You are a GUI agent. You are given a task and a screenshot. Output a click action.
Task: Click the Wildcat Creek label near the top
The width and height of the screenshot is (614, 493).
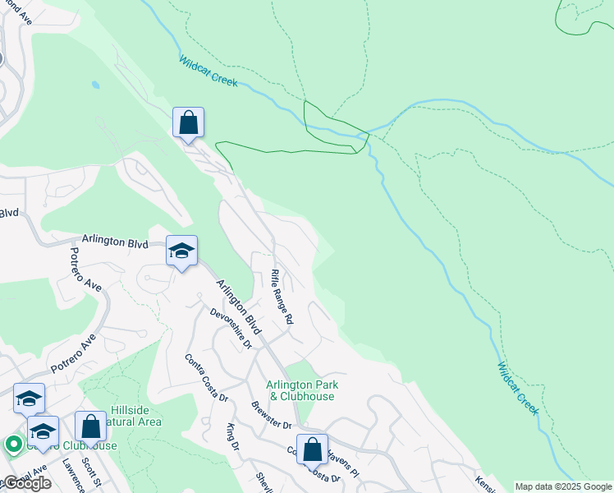pos(208,71)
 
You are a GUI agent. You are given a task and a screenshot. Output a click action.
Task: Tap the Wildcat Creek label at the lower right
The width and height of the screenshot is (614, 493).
pos(518,388)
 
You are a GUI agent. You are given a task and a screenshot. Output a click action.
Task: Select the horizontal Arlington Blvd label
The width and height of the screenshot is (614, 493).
pos(115,244)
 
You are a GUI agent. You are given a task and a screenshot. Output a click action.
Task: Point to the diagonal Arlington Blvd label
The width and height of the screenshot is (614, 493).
pos(238,306)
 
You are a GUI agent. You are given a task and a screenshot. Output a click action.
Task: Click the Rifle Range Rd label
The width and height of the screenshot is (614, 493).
pos(282,297)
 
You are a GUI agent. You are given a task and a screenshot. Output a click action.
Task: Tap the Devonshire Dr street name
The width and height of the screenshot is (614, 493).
pos(231,328)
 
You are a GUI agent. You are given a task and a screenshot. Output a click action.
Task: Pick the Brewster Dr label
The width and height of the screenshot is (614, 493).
pos(272,416)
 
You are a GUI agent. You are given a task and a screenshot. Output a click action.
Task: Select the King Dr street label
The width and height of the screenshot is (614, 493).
pos(231,436)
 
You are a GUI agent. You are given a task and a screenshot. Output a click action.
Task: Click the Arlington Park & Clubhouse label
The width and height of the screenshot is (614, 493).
pos(301,390)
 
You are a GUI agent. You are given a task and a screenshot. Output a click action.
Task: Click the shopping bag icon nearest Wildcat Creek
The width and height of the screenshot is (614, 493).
pos(189,123)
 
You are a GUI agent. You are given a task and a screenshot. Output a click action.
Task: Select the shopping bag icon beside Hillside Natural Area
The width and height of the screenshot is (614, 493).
pos(91,426)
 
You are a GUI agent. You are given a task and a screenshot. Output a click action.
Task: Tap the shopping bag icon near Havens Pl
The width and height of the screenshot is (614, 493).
pos(312,449)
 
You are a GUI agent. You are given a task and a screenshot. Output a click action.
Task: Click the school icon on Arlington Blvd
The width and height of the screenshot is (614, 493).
pos(181,251)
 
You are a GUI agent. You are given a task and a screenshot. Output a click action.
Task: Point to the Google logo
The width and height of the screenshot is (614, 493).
pos(26,483)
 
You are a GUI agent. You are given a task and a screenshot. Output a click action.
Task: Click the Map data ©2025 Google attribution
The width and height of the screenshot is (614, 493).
pos(563,486)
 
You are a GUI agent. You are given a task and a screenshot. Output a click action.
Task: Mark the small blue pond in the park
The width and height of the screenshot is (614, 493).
pos(96,85)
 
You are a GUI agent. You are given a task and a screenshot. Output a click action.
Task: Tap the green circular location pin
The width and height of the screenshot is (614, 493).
pos(13,445)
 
